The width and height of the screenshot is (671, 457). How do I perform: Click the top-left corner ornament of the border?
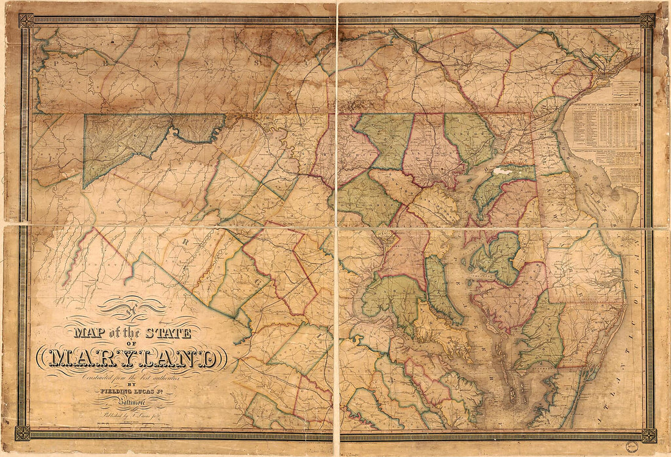(26, 21)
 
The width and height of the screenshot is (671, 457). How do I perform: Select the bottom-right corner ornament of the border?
(648, 434)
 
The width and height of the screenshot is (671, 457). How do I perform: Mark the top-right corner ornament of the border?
(648, 21)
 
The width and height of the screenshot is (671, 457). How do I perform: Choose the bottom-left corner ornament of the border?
(23, 433)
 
